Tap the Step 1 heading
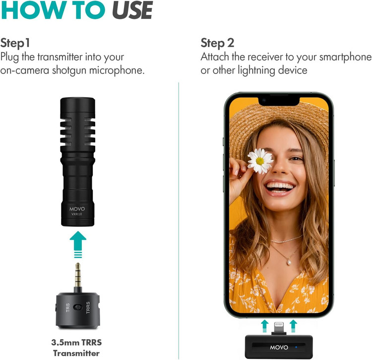click(15, 43)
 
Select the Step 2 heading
click(217, 44)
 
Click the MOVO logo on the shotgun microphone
click(77, 209)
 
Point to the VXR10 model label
click(76, 214)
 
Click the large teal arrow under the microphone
click(78, 244)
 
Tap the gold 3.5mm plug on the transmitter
click(78, 275)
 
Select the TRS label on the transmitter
click(68, 307)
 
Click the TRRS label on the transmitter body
click(88, 307)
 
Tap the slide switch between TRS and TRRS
click(78, 307)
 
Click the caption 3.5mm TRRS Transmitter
click(76, 348)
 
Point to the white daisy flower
click(260, 161)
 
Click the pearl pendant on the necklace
click(289, 262)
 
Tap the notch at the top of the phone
click(279, 101)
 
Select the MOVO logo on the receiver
click(279, 348)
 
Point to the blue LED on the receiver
click(296, 347)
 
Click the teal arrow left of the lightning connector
click(265, 326)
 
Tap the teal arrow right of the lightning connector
click(293, 326)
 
